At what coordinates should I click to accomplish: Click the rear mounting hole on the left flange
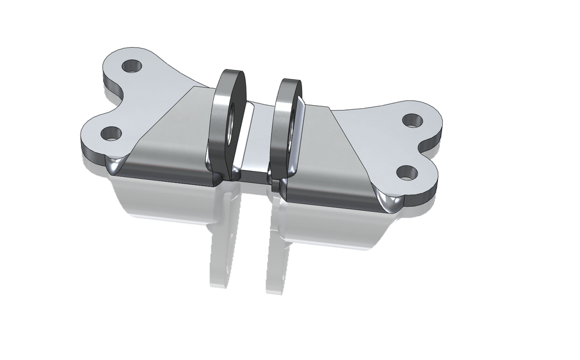point(131,65)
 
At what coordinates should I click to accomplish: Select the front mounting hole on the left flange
point(111,132)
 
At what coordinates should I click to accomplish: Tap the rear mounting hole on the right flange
point(412,120)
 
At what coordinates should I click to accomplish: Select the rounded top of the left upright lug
point(231,76)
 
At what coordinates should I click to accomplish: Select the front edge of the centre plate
point(254,176)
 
